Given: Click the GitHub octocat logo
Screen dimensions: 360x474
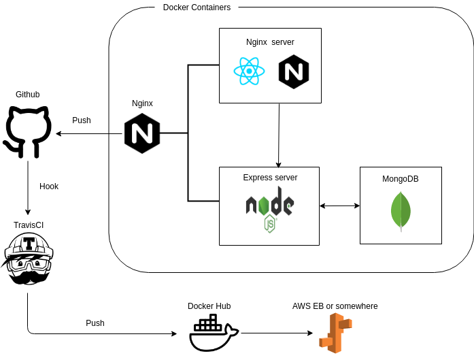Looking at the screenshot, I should point(28,131).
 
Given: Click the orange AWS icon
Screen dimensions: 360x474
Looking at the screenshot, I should point(335,333).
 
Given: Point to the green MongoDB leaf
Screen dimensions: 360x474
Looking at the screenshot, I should point(401,210).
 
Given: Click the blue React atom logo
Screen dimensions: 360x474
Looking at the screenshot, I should point(249,71).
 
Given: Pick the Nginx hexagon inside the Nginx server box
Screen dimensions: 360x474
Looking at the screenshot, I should point(294,72).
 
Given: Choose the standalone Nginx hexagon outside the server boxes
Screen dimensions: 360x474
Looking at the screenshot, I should point(142,133).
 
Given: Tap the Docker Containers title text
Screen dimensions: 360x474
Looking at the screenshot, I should point(197,7).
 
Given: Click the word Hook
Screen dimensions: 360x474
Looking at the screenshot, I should point(49,186).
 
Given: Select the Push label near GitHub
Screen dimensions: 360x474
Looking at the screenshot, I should point(82,120).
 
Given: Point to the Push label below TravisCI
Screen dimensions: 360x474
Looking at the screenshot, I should point(95,323).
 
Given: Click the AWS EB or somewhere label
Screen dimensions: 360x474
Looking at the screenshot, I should point(335,306).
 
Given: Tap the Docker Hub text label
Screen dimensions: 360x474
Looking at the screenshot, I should point(209,306).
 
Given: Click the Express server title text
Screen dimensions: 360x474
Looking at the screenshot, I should point(270,178).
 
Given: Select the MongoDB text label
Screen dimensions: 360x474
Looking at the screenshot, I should point(401,179).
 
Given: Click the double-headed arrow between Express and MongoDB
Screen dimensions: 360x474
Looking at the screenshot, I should point(339,206).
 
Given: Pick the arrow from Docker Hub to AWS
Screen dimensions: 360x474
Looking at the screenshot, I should point(277,333).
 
